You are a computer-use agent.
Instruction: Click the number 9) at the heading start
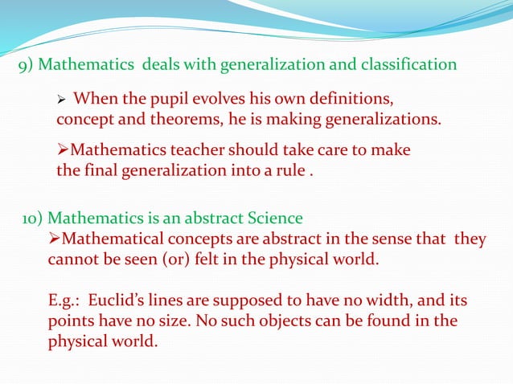(27, 65)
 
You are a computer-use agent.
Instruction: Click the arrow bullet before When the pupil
(61, 100)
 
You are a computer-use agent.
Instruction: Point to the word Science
(274, 218)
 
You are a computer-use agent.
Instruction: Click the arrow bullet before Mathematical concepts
(54, 239)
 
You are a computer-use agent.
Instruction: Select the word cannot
(73, 259)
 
